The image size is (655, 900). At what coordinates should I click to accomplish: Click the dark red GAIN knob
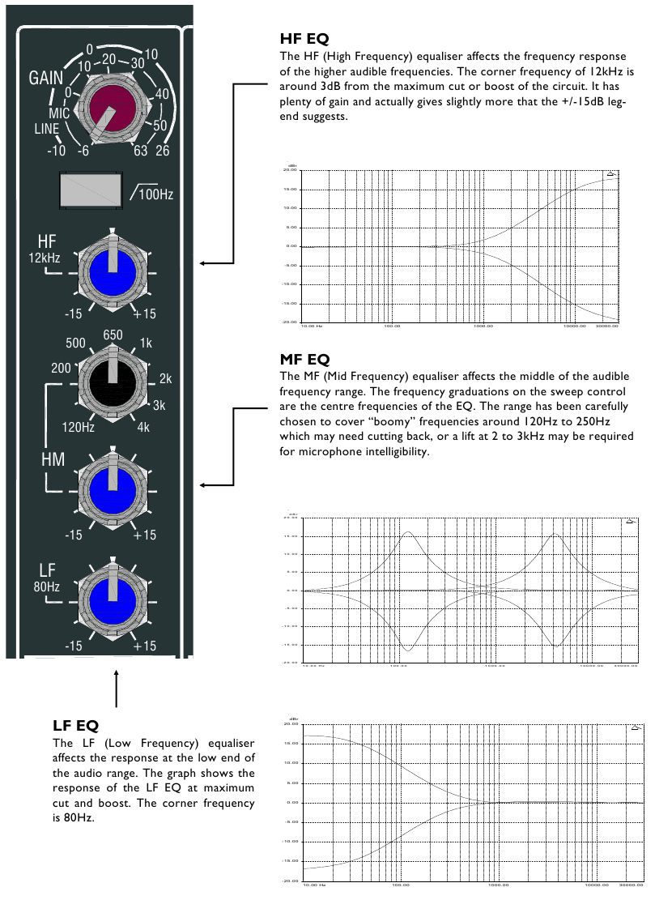coord(113,105)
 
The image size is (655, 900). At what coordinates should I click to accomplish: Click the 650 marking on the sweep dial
coord(113,335)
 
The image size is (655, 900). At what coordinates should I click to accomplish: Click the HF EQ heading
coord(304,39)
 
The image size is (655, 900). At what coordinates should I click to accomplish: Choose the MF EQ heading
coord(304,358)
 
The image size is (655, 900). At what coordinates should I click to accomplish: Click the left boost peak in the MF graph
coord(407,532)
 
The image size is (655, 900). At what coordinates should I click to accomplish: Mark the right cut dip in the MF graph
coord(556,646)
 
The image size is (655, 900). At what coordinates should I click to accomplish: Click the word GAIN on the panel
coord(46,79)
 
